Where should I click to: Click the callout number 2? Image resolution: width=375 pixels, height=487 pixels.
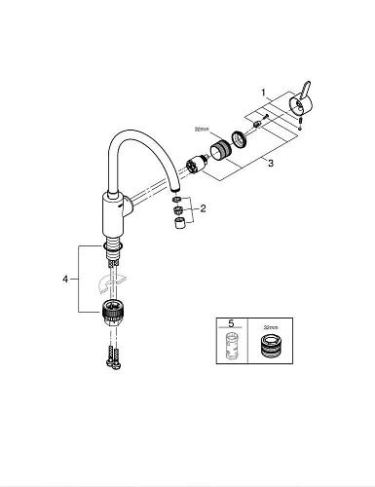[203, 209]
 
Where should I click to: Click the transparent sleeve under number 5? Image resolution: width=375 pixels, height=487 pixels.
[231, 348]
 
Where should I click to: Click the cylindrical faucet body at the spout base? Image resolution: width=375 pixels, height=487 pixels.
[115, 214]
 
